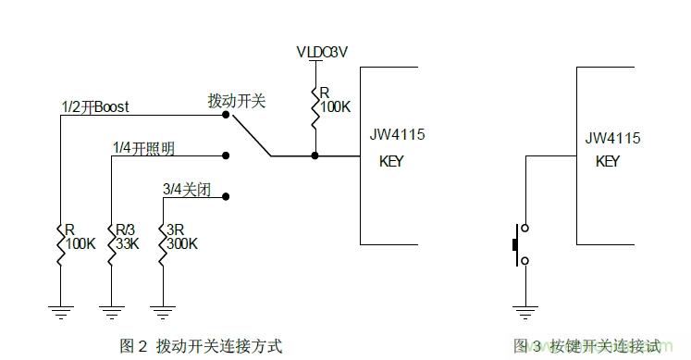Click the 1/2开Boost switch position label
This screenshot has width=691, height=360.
[94, 107]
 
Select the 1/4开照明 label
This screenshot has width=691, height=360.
[145, 148]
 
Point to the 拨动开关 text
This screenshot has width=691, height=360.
[237, 101]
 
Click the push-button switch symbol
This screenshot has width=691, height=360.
[521, 244]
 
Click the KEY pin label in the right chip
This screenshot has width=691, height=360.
[608, 161]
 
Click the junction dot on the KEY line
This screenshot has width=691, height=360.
[315, 156]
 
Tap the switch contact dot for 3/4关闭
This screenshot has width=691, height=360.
[226, 197]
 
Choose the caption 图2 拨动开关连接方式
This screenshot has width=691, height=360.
[201, 346]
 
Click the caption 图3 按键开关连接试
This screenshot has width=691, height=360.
[587, 346]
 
